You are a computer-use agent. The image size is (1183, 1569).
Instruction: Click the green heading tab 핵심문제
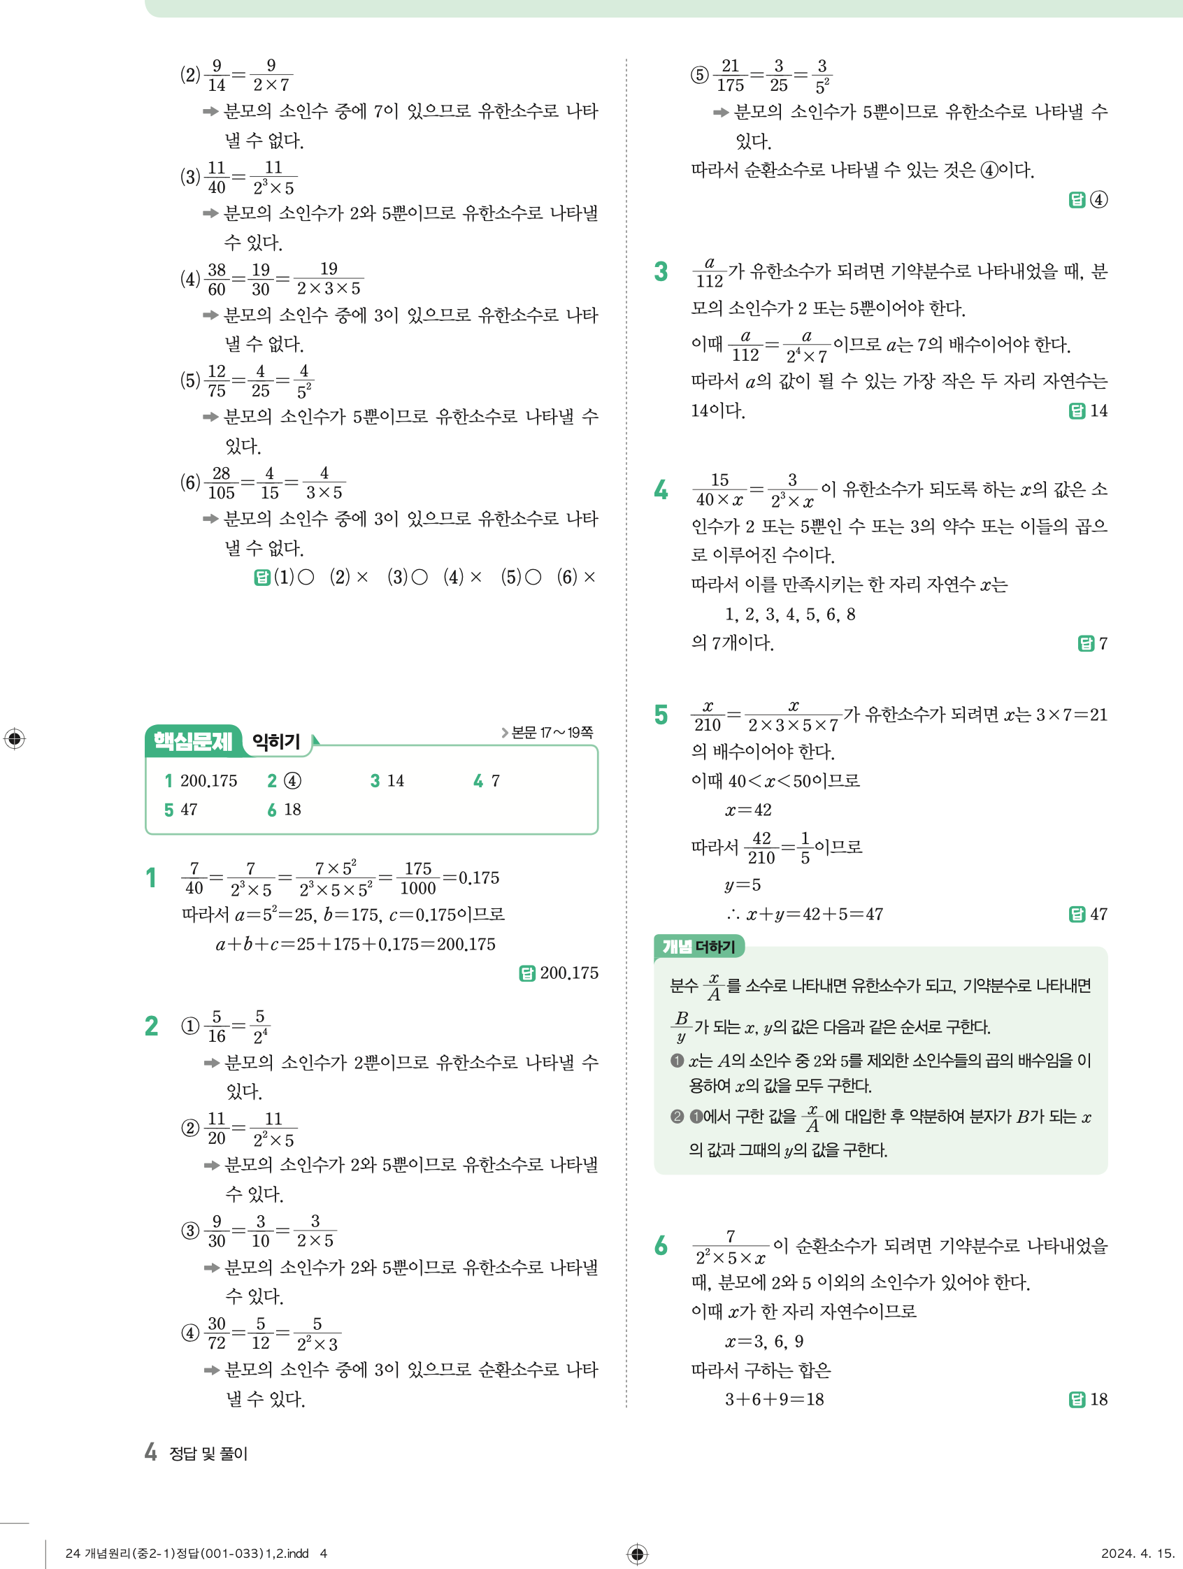click(192, 741)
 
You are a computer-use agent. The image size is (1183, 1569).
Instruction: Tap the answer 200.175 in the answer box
click(208, 781)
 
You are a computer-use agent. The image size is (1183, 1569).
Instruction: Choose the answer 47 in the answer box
click(189, 810)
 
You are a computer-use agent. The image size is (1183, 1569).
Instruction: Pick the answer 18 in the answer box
click(292, 810)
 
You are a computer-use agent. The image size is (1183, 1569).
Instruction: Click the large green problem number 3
click(661, 272)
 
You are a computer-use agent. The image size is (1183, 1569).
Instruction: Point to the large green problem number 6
click(661, 1245)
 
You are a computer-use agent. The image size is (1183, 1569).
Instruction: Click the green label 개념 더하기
click(698, 946)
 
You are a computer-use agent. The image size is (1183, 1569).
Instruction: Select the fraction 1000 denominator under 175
click(417, 889)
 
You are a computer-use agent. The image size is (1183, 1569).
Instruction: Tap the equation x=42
click(748, 810)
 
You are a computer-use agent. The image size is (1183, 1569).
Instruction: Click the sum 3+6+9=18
click(774, 1400)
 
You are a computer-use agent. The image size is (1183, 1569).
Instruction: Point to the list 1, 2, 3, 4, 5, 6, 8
click(789, 615)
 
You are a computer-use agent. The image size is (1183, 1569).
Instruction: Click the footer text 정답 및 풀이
click(208, 1454)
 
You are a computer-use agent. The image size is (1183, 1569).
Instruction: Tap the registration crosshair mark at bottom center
click(637, 1554)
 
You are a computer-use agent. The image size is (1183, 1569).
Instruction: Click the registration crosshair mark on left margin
click(14, 738)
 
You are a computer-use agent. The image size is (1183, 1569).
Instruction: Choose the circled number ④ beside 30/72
click(190, 1333)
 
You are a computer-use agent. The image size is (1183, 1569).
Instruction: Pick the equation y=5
click(743, 885)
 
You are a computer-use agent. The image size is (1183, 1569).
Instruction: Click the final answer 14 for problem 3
click(1098, 410)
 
